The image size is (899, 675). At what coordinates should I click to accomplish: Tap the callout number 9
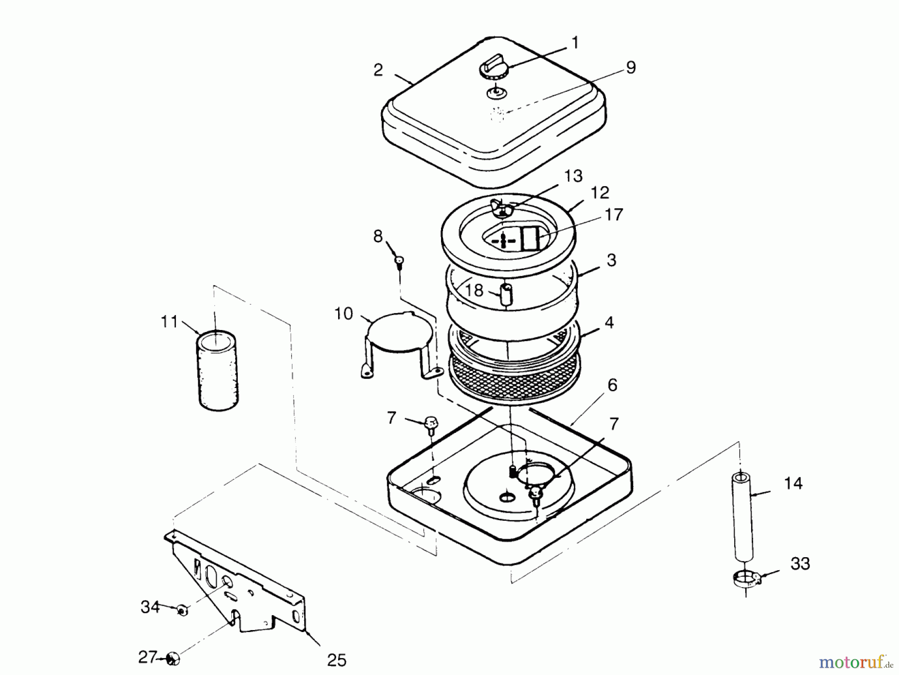click(630, 68)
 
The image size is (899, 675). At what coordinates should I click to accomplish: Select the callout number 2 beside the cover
click(378, 70)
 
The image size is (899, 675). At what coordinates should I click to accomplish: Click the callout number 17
click(614, 215)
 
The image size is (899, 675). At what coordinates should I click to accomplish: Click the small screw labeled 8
click(399, 261)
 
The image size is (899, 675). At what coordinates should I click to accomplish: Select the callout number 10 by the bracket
click(343, 314)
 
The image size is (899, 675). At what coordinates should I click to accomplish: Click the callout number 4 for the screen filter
click(609, 323)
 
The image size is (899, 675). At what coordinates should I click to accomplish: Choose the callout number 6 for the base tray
click(612, 385)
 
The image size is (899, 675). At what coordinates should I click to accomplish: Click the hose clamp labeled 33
click(746, 580)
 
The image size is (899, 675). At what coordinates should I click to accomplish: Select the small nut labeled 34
click(182, 610)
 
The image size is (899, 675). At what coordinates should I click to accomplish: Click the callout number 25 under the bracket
click(337, 660)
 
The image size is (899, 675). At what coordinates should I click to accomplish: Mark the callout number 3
click(611, 260)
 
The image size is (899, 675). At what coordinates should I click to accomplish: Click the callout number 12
click(600, 193)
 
